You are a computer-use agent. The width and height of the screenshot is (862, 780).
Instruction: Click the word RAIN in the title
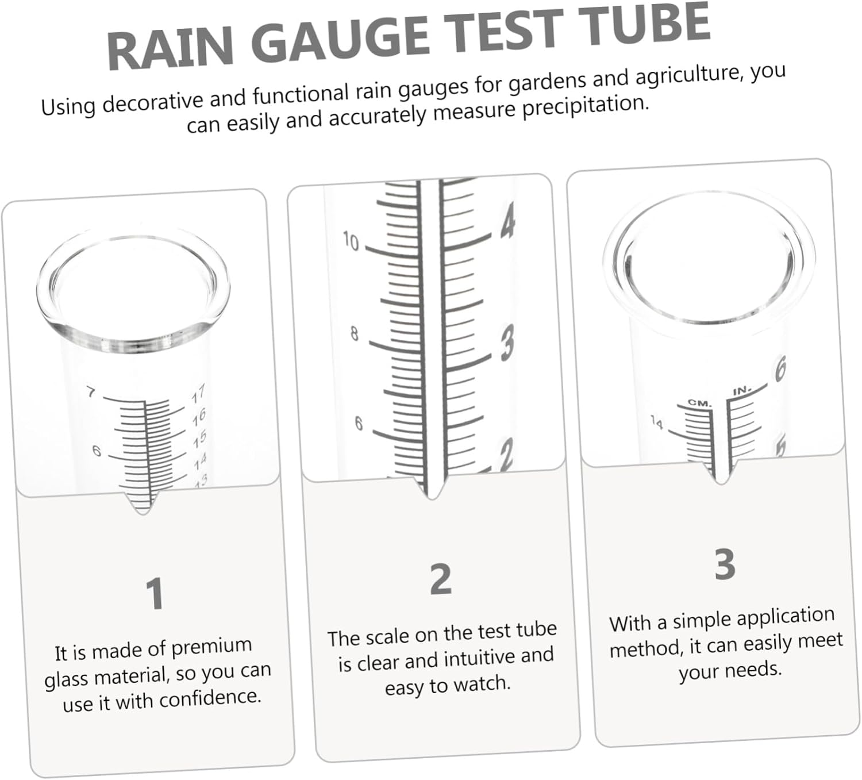[170, 49]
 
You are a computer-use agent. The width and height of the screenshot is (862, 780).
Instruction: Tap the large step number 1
[155, 594]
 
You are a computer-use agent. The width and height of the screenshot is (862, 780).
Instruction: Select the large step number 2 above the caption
[441, 579]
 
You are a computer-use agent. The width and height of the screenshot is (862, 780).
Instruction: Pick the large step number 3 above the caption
[725, 564]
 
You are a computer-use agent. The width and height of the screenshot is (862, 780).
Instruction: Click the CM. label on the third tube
[700, 403]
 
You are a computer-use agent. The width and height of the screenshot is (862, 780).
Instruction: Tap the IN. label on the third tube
[741, 391]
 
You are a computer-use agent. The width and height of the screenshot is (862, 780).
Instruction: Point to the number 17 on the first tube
[198, 395]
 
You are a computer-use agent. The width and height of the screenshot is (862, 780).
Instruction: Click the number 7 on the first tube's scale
[91, 393]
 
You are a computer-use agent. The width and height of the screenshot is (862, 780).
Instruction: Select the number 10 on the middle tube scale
[351, 241]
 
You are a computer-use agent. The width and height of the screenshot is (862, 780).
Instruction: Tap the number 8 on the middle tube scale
[354, 333]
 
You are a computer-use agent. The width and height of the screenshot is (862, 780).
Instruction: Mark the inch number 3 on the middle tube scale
[507, 343]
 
